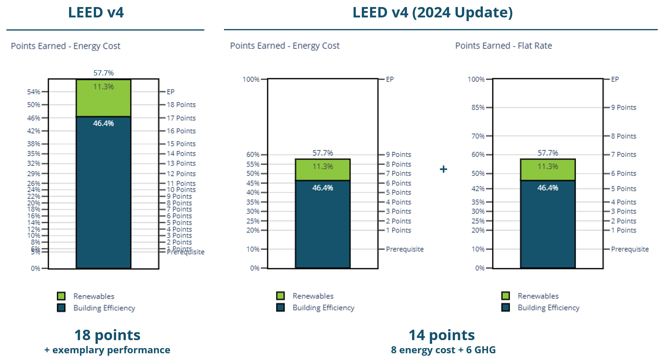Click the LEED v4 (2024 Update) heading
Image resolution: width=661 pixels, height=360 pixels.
[432, 13]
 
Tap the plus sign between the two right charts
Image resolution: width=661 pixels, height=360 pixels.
[443, 169]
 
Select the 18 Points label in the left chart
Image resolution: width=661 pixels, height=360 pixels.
[181, 105]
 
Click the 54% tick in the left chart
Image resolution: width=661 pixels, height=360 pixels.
[34, 92]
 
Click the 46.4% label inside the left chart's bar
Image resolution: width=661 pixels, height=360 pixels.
[103, 123]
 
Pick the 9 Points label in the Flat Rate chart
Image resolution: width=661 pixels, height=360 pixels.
[623, 108]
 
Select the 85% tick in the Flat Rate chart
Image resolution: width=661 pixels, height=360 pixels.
[478, 108]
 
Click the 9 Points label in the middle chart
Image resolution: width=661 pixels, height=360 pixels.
[398, 155]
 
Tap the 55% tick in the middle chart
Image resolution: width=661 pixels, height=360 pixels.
[253, 164]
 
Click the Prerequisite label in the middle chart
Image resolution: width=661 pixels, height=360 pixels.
[405, 249]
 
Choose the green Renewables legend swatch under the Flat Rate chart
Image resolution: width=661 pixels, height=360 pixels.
[506, 296]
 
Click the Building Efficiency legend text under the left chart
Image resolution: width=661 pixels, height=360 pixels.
[104, 308]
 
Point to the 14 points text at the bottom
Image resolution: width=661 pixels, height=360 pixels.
[442, 335]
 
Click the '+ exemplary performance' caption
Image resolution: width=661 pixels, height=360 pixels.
[107, 350]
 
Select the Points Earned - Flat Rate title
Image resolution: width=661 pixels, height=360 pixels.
[503, 46]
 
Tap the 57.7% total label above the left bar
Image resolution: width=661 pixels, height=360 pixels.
[103, 73]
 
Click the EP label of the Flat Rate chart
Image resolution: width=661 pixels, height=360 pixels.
[615, 79]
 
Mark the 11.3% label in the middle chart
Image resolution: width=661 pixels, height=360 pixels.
[323, 167]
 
